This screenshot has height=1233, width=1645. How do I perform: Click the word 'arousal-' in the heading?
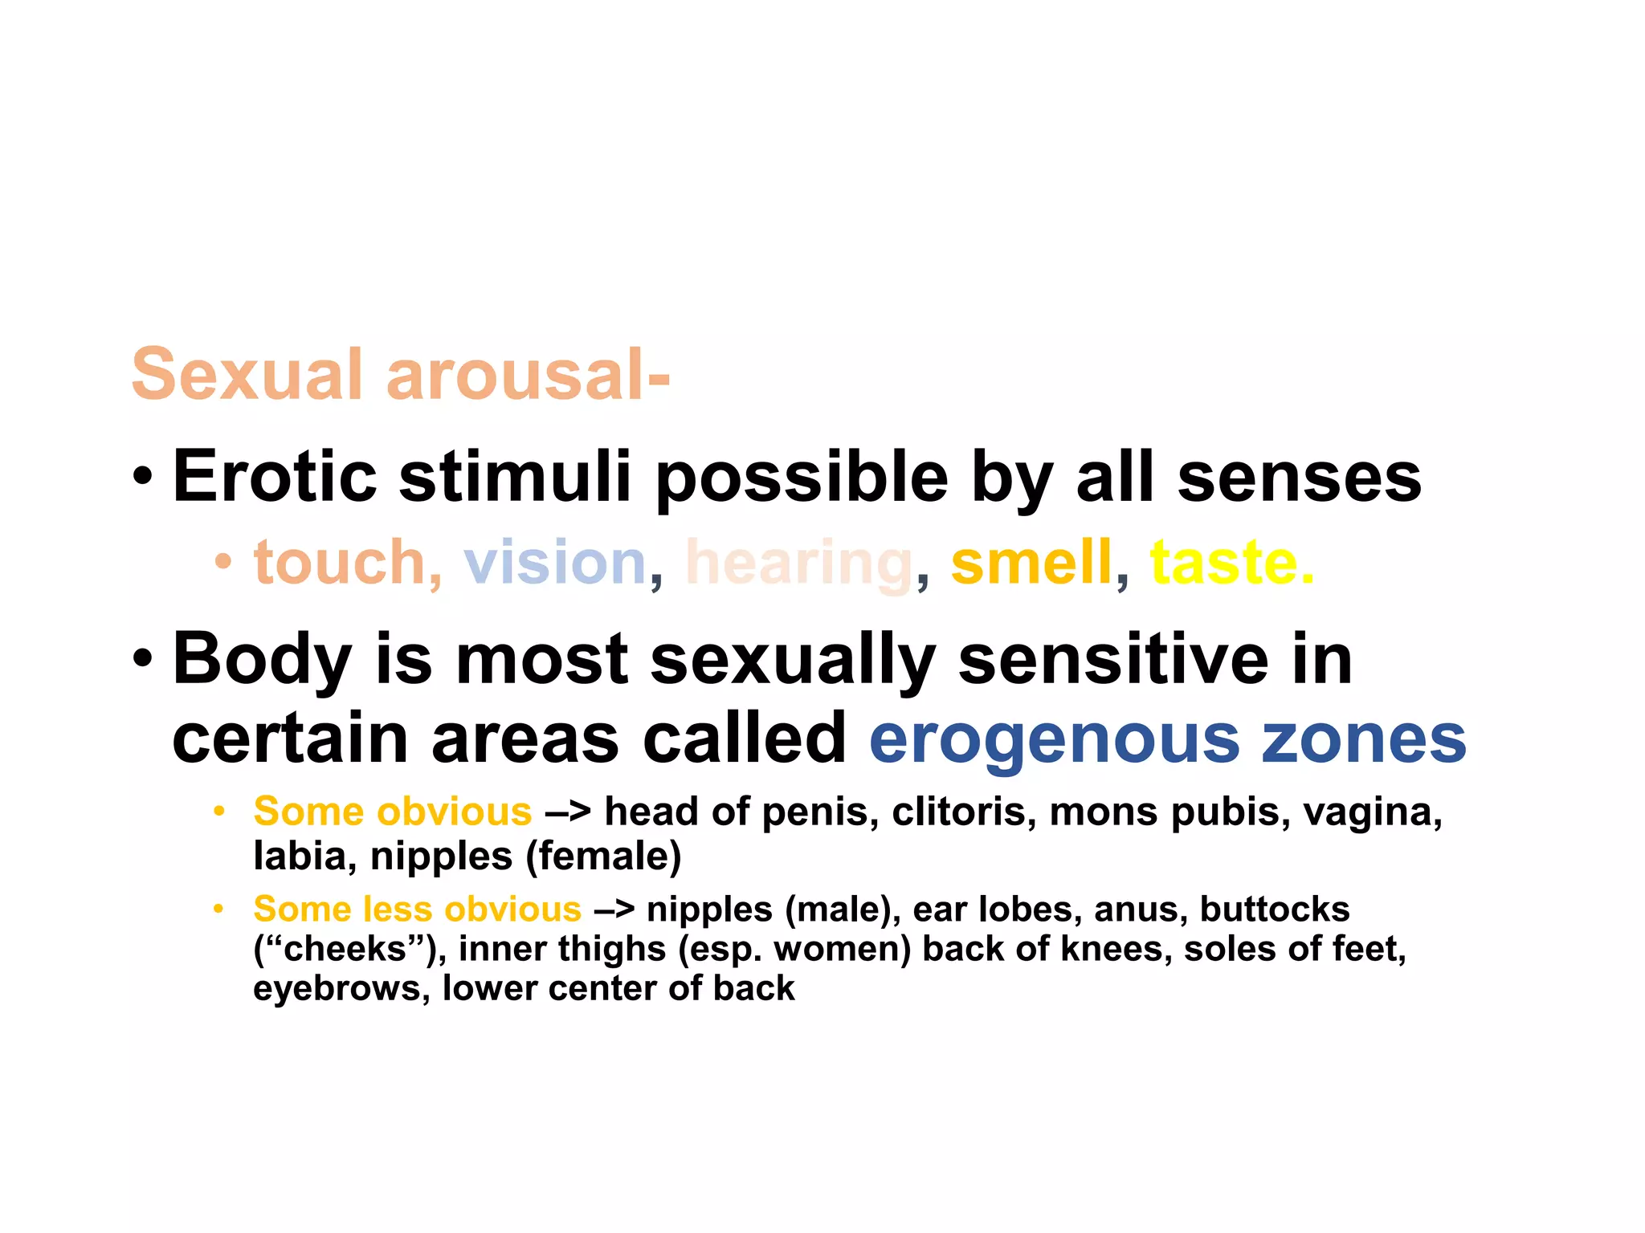click(528, 375)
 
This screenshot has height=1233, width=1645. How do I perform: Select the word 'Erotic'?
click(275, 477)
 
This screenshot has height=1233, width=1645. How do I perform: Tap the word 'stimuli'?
click(515, 477)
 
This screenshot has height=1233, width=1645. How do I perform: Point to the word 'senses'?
click(1299, 477)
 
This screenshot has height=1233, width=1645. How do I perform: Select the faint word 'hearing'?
click(799, 564)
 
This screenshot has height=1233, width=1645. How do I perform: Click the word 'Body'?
click(262, 660)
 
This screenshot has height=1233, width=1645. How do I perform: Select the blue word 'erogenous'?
click(1055, 739)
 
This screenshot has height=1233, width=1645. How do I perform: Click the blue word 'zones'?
click(1364, 739)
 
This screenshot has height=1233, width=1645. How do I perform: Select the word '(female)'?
click(603, 856)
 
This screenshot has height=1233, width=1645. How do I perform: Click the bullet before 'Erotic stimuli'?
click(142, 477)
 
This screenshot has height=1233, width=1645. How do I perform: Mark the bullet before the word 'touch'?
click(222, 562)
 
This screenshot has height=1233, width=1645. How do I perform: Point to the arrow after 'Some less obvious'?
click(614, 910)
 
